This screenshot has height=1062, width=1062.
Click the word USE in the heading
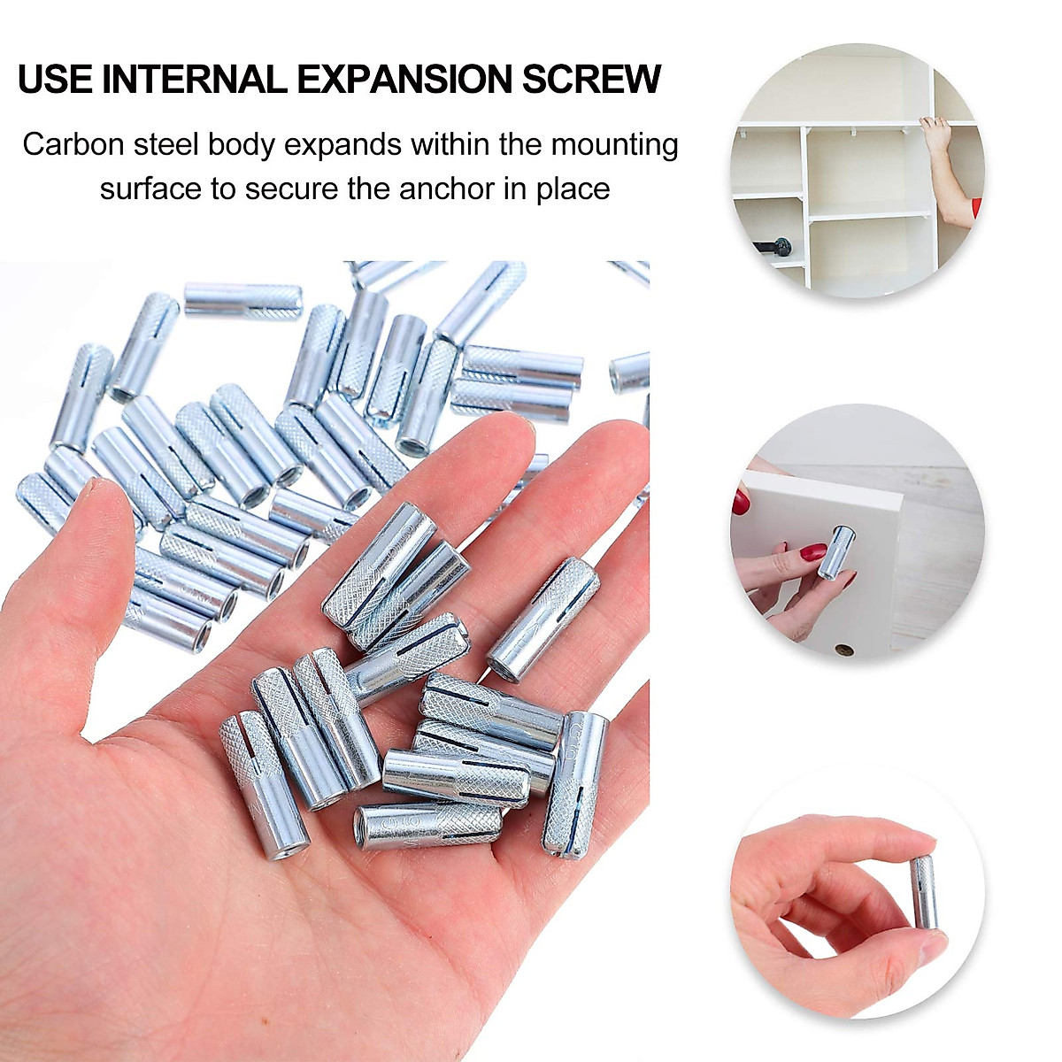click(x=55, y=79)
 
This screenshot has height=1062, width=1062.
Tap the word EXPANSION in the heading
click(x=405, y=79)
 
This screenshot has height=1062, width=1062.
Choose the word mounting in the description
click(x=614, y=144)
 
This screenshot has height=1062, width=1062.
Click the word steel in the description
click(x=165, y=144)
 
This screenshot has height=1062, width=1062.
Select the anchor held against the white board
click(x=833, y=551)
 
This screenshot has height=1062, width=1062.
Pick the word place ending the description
click(x=573, y=189)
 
